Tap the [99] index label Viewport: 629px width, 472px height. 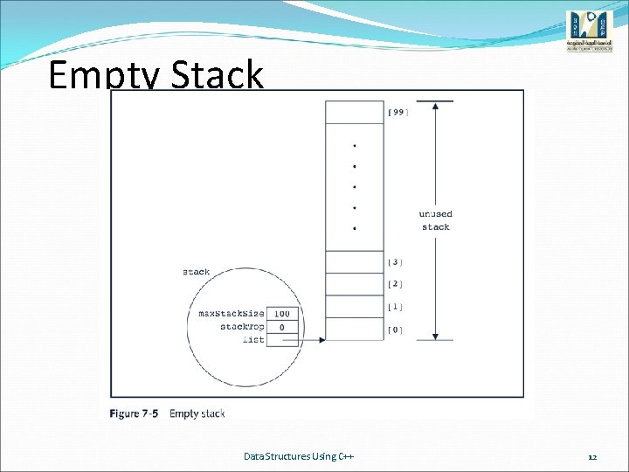click(397, 112)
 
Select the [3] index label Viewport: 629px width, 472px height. click(395, 261)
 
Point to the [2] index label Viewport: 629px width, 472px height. click(395, 284)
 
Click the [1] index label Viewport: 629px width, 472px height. click(395, 307)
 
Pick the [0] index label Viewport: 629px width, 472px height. click(395, 330)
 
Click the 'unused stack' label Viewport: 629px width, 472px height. click(435, 220)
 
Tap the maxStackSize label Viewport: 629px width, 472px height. click(232, 313)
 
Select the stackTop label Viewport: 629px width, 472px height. click(242, 326)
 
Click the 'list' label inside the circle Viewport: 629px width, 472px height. click(253, 339)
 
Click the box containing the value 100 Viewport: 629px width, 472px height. click(282, 313)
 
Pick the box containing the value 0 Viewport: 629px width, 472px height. click(282, 326)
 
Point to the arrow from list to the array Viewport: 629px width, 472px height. click(312, 339)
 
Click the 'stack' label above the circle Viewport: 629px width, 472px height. click(196, 272)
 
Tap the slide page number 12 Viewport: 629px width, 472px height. click(591, 457)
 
